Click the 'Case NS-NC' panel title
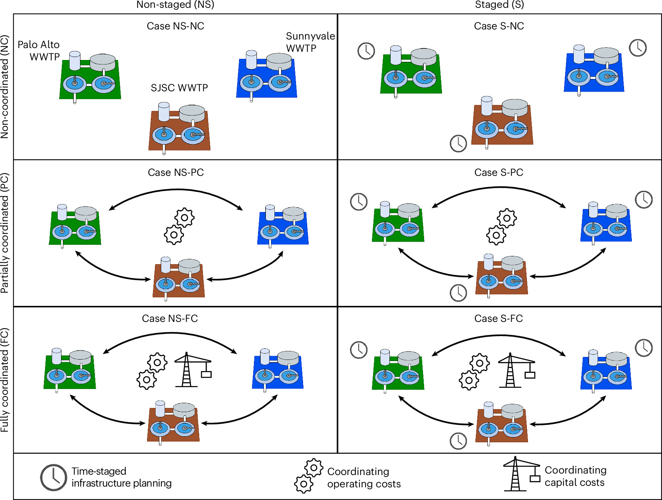175,26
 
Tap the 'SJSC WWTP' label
179,88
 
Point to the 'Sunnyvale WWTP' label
310,42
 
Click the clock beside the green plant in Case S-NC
366,51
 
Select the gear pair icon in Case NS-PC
179,227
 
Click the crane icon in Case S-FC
516,370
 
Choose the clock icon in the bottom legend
54,477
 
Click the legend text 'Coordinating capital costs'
576,476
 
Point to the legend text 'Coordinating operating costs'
364,478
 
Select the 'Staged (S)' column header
499,5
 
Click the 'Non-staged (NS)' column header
175,5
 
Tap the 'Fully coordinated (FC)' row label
5,380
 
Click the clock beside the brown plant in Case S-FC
458,441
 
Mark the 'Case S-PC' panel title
499,173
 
